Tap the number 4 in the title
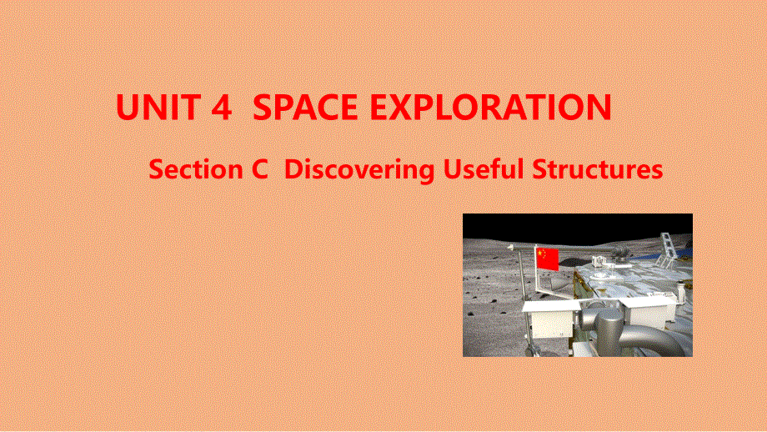click(220, 108)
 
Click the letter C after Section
click(258, 170)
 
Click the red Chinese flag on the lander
click(547, 258)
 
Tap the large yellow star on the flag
click(540, 253)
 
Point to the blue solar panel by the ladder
click(685, 250)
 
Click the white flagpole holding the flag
click(534, 275)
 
